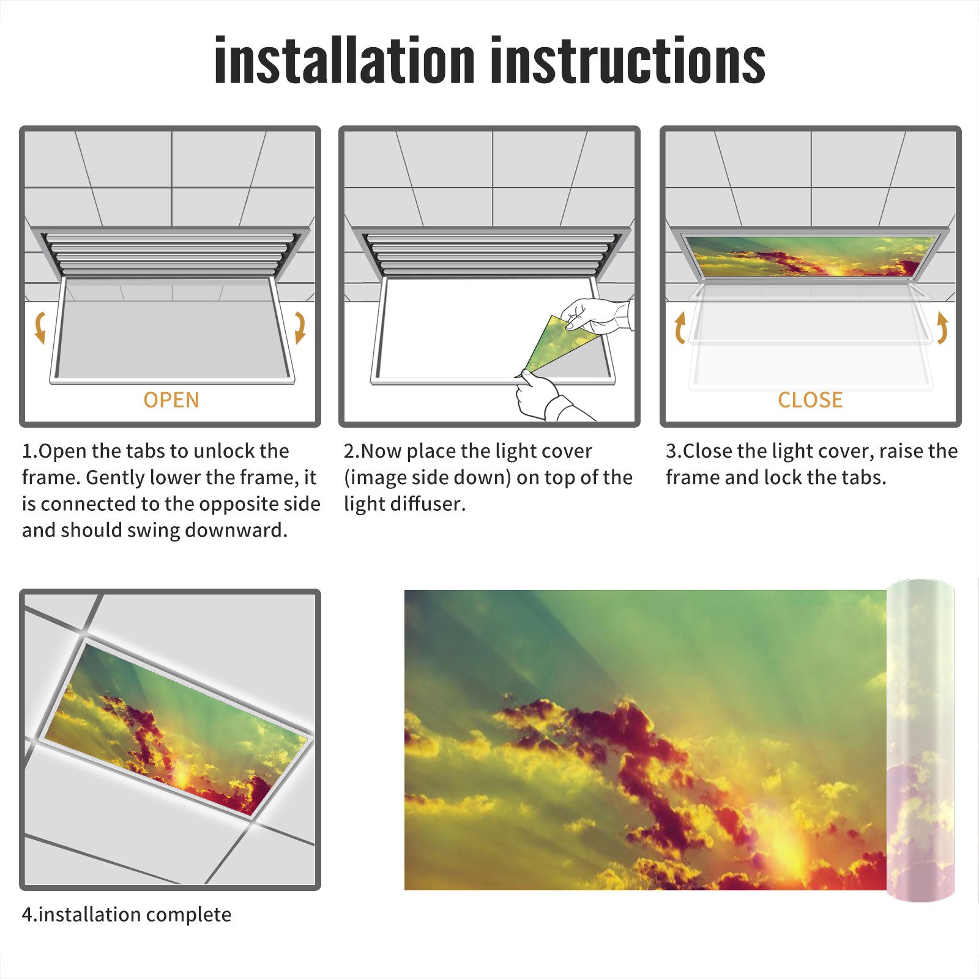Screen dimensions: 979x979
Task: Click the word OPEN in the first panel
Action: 171,400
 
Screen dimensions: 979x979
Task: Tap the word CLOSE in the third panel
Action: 810,400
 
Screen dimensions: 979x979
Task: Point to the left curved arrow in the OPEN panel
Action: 40,327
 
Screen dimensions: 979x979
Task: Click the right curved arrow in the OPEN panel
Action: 300,327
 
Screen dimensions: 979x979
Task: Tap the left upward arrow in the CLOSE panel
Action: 680,328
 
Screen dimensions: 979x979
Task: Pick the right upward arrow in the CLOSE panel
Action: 942,327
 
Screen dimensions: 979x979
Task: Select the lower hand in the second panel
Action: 548,398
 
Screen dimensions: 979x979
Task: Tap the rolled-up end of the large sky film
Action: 920,740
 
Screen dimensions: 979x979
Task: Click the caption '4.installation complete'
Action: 127,915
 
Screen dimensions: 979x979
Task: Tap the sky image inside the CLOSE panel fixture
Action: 811,256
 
